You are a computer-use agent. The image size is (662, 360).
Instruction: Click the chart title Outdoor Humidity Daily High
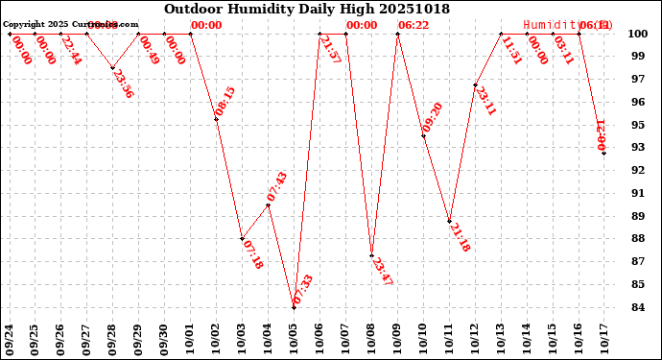[x=306, y=9]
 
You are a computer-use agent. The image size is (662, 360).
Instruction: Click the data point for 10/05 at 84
[x=295, y=307]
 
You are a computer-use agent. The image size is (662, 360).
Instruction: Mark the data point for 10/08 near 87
[x=372, y=255]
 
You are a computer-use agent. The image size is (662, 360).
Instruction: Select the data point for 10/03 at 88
[x=243, y=239]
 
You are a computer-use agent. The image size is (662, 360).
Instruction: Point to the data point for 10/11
[x=450, y=222]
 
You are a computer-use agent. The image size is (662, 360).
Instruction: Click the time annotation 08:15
[x=225, y=103]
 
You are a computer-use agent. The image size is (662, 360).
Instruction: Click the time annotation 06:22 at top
[x=414, y=25]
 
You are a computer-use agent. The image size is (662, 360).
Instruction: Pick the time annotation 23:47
[x=381, y=272]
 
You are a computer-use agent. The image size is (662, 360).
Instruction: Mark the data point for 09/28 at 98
[x=113, y=68]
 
